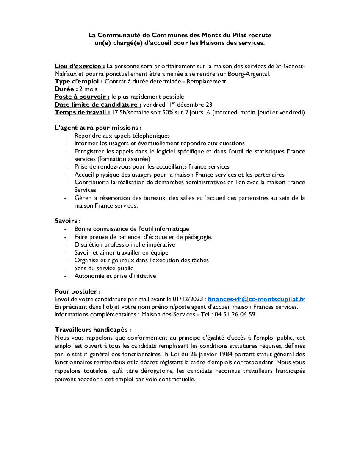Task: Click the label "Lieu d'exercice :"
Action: [x=80, y=66]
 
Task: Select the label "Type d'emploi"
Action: [x=77, y=81]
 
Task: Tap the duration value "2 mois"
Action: [x=88, y=89]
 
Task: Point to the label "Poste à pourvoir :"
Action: [x=82, y=97]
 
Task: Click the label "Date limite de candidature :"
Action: [x=98, y=105]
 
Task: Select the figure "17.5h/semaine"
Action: [x=130, y=112]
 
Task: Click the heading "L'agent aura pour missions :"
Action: [x=98, y=128]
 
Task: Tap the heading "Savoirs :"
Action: [x=68, y=221]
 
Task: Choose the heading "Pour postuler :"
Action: [x=78, y=291]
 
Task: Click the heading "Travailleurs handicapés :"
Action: [x=93, y=329]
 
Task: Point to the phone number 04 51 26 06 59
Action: [x=235, y=314]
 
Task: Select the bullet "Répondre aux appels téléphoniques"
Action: [x=122, y=136]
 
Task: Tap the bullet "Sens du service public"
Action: [x=104, y=268]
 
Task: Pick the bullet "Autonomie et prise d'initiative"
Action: [x=115, y=276]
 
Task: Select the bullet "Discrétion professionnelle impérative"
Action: [x=125, y=244]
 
